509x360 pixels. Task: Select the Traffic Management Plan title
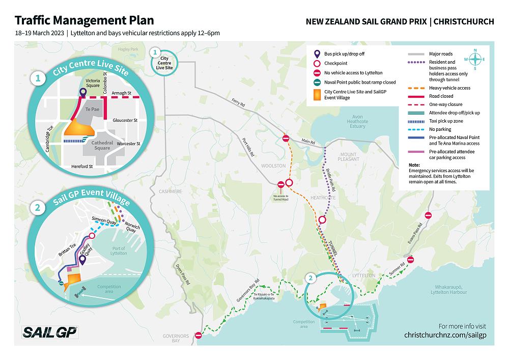point(84,20)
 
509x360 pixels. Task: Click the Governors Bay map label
point(176,339)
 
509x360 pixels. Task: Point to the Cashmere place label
point(170,191)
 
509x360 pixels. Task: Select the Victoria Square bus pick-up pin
point(82,93)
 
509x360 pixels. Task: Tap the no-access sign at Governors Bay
point(199,336)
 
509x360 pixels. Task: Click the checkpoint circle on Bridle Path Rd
point(322,220)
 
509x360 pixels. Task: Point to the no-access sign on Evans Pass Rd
point(428,215)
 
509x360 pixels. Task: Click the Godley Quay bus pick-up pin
point(82,260)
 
